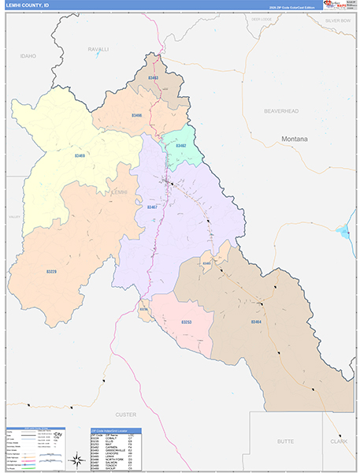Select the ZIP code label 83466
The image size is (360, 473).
pos(137,116)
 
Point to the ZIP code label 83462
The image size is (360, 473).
pos(180,146)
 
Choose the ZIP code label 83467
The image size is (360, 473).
pos(152,207)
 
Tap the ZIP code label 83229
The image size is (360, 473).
pos(51,271)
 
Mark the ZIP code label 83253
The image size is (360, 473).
pos(187,322)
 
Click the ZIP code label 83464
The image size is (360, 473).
pos(256,322)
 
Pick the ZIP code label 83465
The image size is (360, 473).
pos(207,263)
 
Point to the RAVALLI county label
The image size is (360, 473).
pos(98,49)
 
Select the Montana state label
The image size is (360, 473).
pos(295,139)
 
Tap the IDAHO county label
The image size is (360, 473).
pos(29,56)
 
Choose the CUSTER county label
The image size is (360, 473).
pos(126,414)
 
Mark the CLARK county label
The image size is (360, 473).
pos(338,442)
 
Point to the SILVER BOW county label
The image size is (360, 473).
pos(338,20)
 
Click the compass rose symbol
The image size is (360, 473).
pos(79,459)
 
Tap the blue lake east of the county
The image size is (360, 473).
pos(343,232)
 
